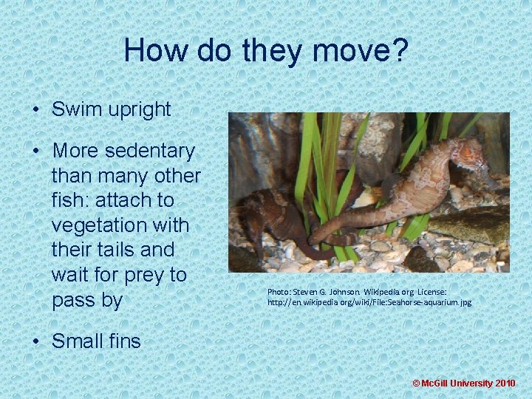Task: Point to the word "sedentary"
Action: coord(150,151)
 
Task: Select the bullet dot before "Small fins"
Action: coord(35,341)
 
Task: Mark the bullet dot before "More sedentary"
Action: coord(35,151)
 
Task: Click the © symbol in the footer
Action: coord(415,383)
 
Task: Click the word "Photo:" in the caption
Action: coord(279,292)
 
